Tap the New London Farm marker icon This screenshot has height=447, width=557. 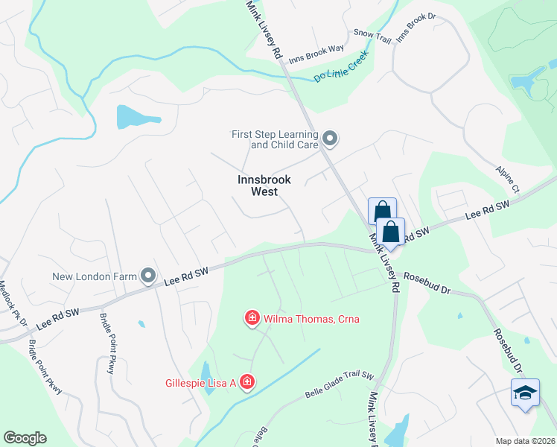(x=148, y=277)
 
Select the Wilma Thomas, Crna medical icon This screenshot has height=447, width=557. (x=252, y=319)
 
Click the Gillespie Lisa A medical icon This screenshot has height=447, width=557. (x=246, y=383)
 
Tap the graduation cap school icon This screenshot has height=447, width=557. (x=525, y=392)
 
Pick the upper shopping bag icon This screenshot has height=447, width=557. (x=382, y=211)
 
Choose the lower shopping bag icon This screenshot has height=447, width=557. (x=389, y=231)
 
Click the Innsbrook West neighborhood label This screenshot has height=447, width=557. (x=264, y=186)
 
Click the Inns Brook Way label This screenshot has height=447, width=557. (x=316, y=49)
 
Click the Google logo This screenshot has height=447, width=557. (x=25, y=438)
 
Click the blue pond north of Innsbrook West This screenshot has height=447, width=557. (x=137, y=117)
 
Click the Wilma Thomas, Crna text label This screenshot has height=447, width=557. (x=312, y=319)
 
